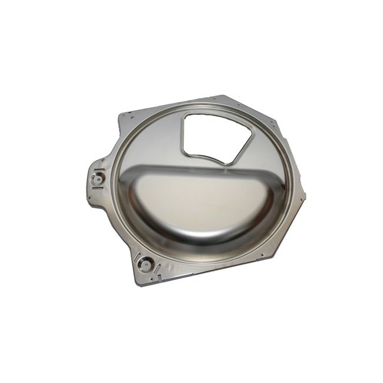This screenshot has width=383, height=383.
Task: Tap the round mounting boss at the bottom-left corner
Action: coord(146,264)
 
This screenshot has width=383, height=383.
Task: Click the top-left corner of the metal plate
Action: coord(120,115)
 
